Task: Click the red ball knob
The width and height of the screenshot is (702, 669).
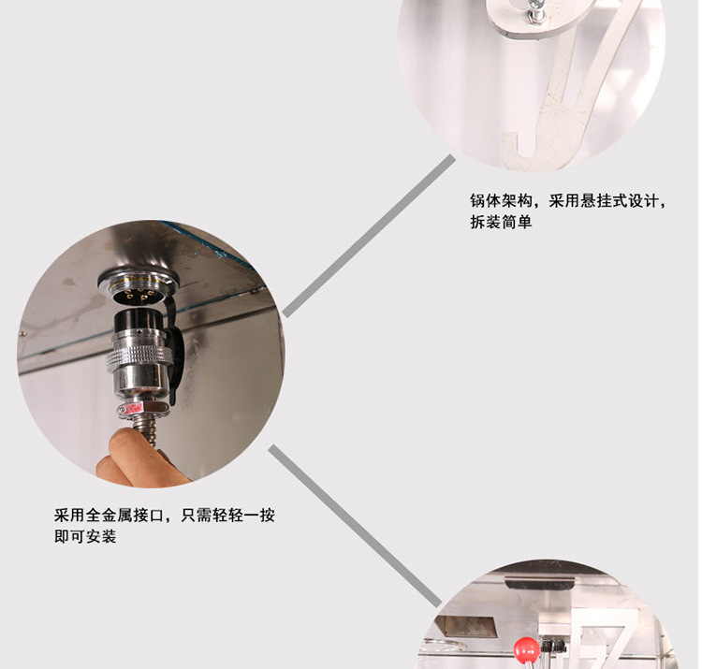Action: point(526,650)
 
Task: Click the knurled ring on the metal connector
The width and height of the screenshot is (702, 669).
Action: point(139,358)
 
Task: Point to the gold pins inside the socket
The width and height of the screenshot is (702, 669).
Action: point(139,294)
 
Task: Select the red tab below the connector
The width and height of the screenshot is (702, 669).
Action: point(130,408)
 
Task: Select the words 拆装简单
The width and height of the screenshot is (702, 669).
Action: point(501,222)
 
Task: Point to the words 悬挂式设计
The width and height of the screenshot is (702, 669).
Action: point(620,200)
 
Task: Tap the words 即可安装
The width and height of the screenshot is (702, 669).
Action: point(85,536)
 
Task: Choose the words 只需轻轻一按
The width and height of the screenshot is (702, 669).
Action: point(227,515)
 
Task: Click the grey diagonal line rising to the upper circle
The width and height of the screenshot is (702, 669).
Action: point(369,236)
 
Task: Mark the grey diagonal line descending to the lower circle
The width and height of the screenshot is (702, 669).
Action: point(355,526)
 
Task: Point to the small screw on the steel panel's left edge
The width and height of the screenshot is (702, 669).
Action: point(22,333)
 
